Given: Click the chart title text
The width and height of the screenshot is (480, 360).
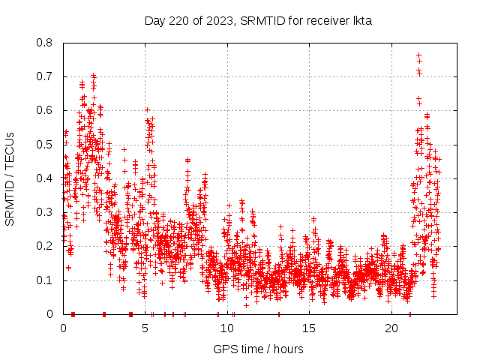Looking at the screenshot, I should point(258,20).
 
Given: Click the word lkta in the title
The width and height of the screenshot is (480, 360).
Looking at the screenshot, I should point(361,20).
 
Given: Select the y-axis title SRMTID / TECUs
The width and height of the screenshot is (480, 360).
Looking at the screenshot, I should point(10,178).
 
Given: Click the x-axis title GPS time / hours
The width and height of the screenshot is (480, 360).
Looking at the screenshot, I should point(258,349).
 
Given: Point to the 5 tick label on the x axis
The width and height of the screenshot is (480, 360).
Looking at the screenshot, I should point(145,328).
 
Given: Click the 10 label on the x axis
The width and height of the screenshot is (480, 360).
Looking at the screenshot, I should point(227,328).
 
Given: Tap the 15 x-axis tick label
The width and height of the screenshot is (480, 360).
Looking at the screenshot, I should point(310,328).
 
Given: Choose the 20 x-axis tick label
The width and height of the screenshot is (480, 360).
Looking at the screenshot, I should point(391,328).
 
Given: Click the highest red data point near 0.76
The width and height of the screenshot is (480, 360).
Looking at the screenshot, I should point(418,55).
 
